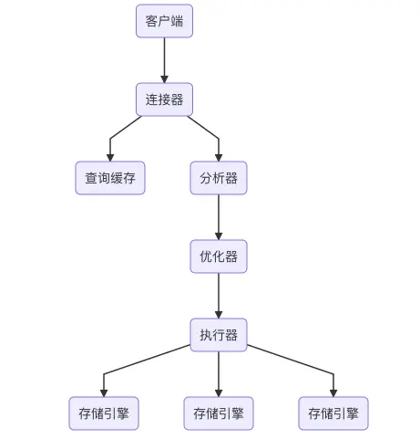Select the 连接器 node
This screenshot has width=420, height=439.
[164, 99]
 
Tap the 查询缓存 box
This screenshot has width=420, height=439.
[110, 178]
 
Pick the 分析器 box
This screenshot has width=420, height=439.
[219, 178]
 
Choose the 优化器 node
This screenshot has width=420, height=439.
[219, 256]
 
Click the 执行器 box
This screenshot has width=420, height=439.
[219, 335]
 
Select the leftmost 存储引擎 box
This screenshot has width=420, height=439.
[104, 413]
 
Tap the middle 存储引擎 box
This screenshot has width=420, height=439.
[219, 413]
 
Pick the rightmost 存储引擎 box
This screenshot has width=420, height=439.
[333, 413]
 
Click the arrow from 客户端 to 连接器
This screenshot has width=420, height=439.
[164, 60]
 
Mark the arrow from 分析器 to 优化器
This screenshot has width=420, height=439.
[219, 217]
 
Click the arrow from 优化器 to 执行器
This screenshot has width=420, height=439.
[219, 296]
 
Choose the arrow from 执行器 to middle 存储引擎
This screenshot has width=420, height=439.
[219, 374]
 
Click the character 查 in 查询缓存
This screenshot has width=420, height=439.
[91, 178]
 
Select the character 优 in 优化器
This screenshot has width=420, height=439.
[206, 256]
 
